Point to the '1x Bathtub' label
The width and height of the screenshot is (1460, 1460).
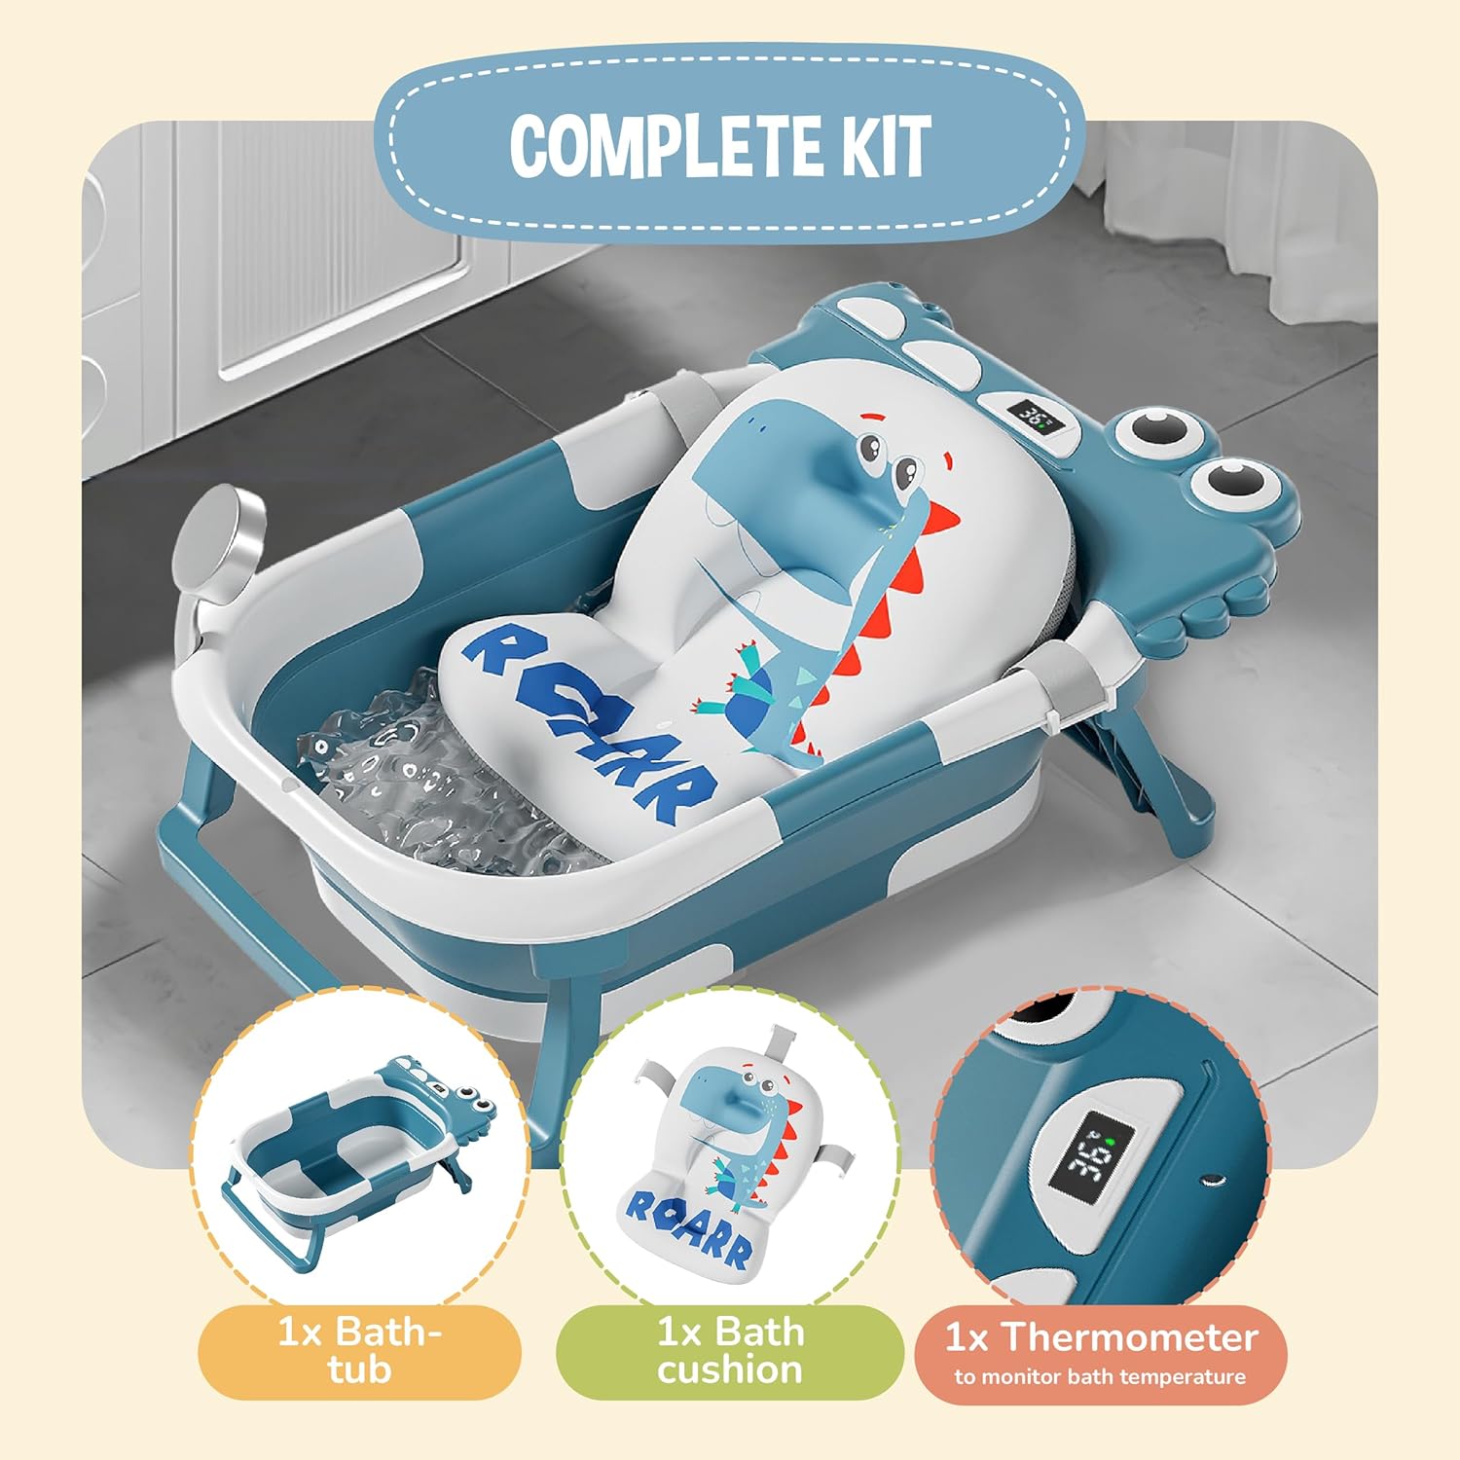pos(359,1350)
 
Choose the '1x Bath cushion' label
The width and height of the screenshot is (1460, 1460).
pos(730,1350)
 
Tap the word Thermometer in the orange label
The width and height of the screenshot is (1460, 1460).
pos(1130,1337)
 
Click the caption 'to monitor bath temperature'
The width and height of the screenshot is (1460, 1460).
pos(1100,1377)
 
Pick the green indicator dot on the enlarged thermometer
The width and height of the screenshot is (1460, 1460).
pos(1109,1138)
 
